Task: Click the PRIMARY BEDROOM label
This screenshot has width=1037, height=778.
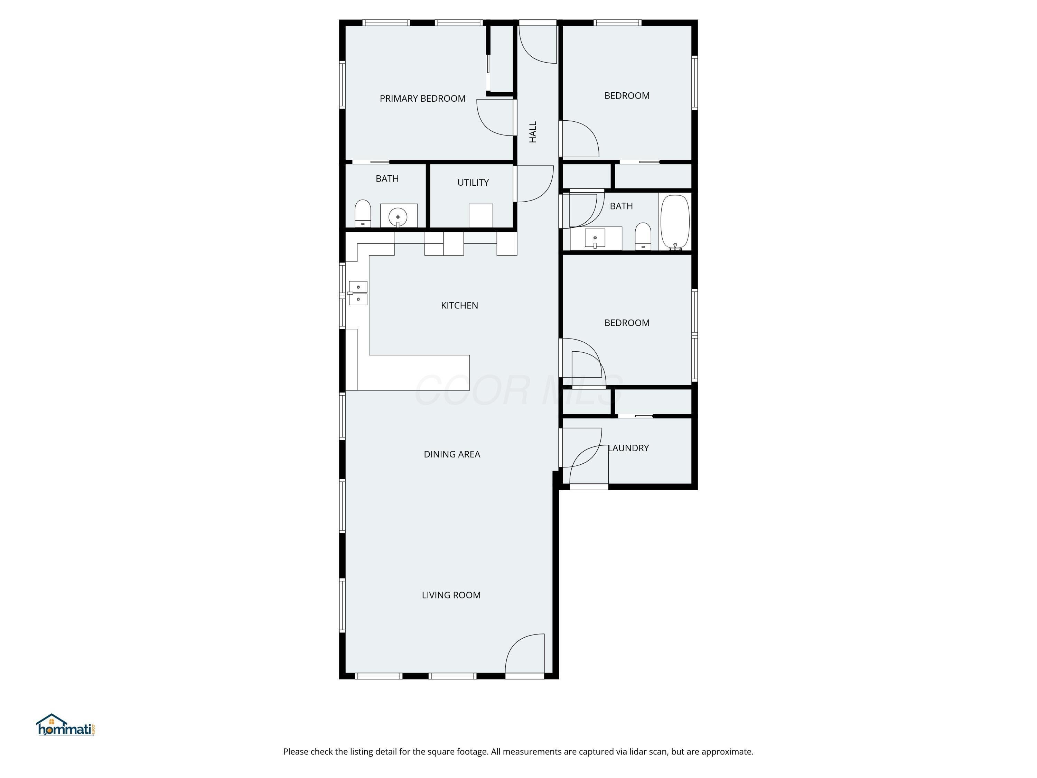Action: pyautogui.click(x=422, y=99)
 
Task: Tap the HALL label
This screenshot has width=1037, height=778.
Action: pyautogui.click(x=533, y=132)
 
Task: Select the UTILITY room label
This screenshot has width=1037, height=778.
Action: pyautogui.click(x=473, y=183)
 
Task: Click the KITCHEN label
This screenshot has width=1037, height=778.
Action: pyautogui.click(x=459, y=305)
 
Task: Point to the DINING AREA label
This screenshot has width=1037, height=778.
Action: pyautogui.click(x=451, y=454)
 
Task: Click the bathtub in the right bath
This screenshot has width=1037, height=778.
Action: pyautogui.click(x=675, y=222)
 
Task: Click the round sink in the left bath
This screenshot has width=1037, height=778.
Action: pyautogui.click(x=398, y=217)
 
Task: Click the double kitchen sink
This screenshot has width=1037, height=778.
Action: pyautogui.click(x=358, y=293)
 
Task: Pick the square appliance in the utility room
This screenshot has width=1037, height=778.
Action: pyautogui.click(x=480, y=215)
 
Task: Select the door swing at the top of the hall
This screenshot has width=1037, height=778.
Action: pyautogui.click(x=537, y=45)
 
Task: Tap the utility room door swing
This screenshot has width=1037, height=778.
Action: pyautogui.click(x=534, y=184)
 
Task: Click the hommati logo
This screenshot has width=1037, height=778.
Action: pyautogui.click(x=66, y=725)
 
